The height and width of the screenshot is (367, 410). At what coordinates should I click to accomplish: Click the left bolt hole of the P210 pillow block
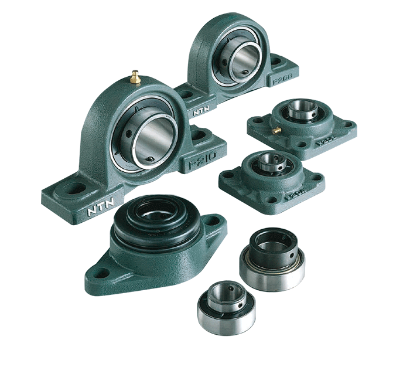pyautogui.click(x=73, y=189)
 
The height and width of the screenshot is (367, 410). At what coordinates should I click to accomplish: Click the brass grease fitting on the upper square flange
pyautogui.click(x=275, y=130)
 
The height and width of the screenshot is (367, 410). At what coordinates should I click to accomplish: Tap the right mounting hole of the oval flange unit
pyautogui.click(x=212, y=222)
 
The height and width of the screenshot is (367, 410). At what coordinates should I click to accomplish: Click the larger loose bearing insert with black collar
pyautogui.click(x=272, y=258)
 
